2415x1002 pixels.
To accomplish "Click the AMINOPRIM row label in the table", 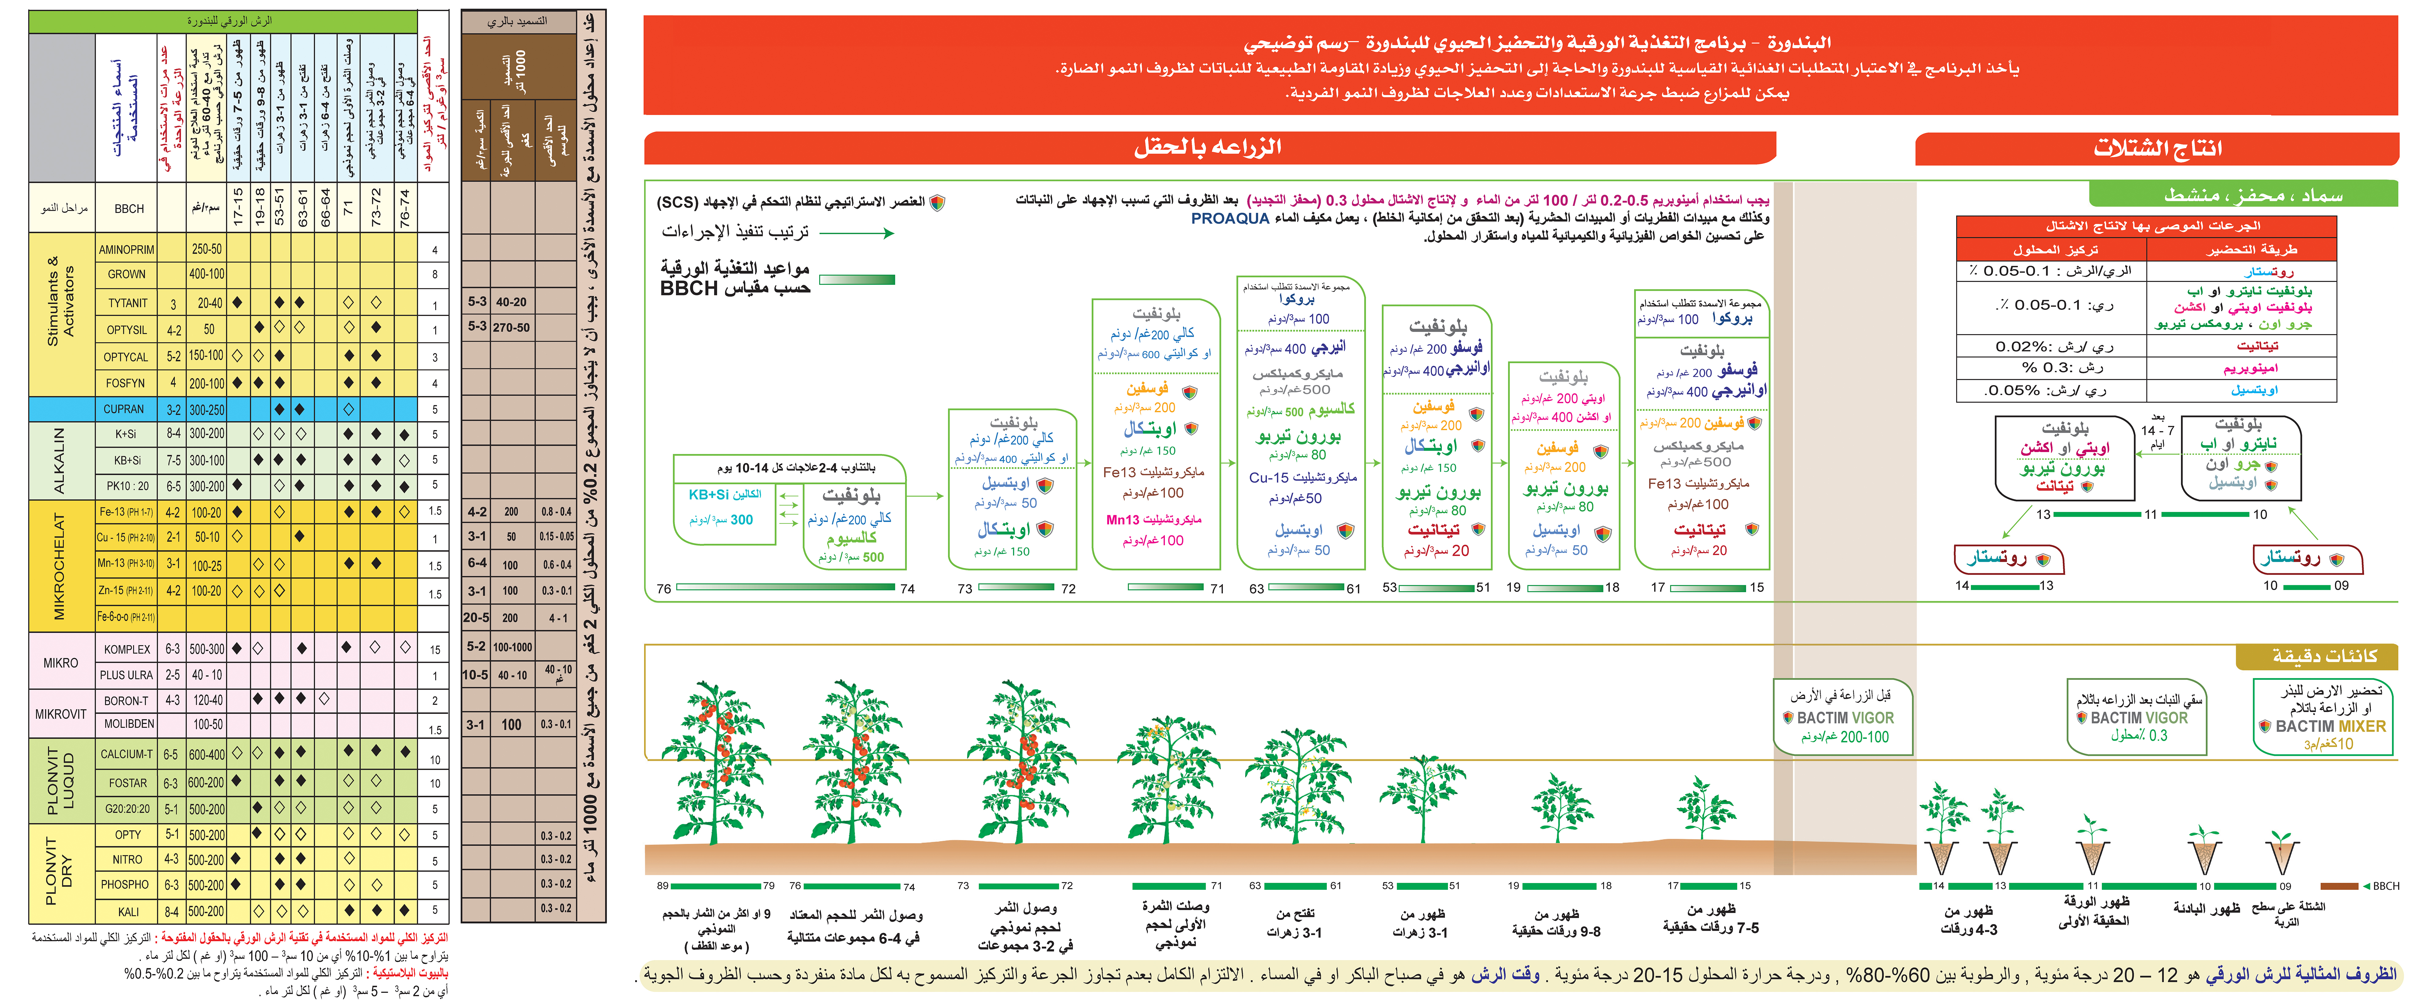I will [x=127, y=249].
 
